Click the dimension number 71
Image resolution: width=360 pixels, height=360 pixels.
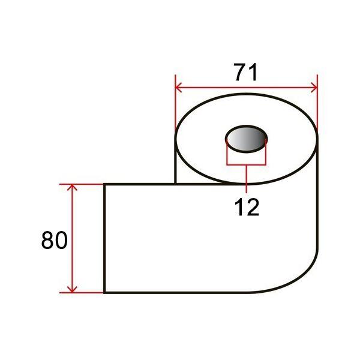click(245, 73)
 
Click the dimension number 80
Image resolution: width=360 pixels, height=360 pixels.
click(55, 240)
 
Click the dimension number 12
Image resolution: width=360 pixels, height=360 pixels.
click(247, 208)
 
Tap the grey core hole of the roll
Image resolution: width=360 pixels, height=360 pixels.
click(247, 139)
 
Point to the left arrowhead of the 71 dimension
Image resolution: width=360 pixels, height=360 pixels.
click(178, 88)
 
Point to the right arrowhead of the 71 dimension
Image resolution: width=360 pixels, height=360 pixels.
click(314, 88)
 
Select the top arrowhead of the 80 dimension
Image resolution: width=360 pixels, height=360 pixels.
click(72, 187)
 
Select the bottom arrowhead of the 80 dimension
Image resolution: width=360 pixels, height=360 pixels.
click(72, 290)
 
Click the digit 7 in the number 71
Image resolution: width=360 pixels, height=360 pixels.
click(240, 73)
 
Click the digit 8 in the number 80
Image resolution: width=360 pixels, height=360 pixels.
click(47, 240)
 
